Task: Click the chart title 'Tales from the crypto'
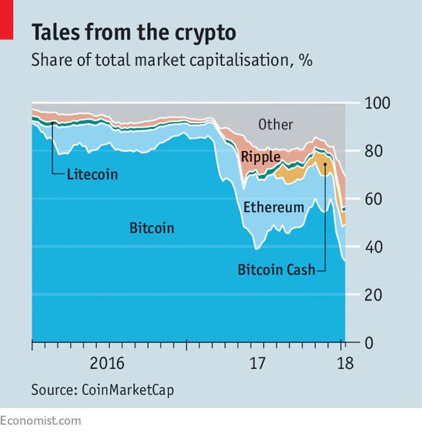[x=133, y=33]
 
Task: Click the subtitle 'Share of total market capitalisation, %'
[x=171, y=60]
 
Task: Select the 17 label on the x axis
[x=258, y=363]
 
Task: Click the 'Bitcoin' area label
[x=151, y=228]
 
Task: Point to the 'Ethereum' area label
[x=273, y=207]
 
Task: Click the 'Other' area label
[x=276, y=125]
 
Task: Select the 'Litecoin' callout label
[x=92, y=175]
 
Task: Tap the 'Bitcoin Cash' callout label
[x=276, y=269]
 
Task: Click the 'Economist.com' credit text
[x=40, y=421]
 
